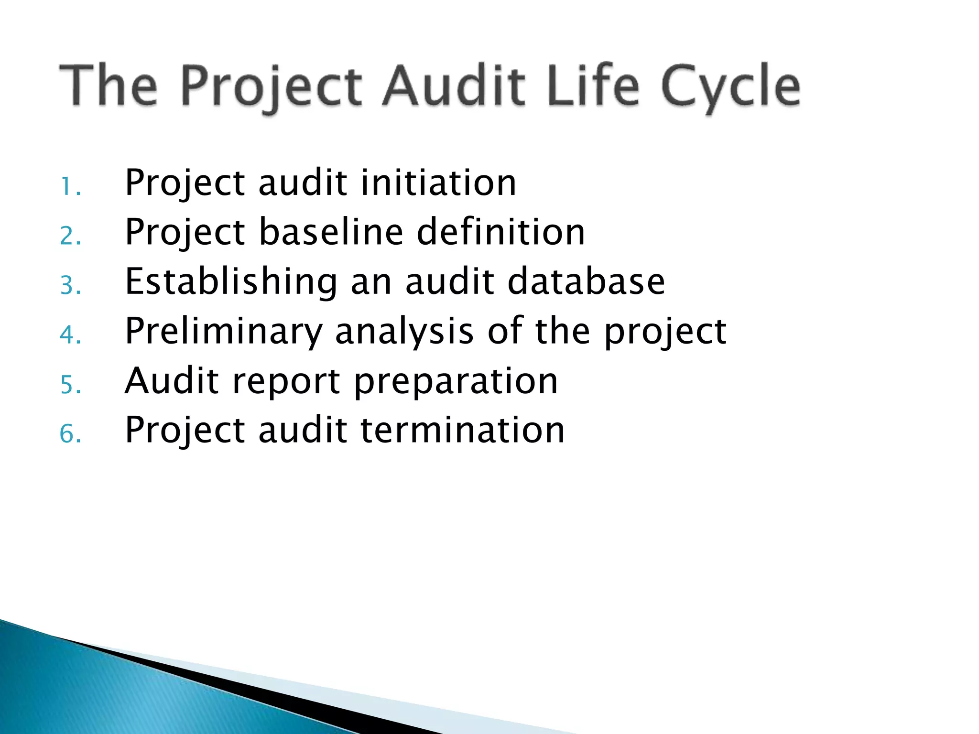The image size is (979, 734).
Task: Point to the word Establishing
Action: (231, 282)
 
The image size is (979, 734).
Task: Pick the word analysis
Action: (404, 331)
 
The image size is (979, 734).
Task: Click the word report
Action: (285, 382)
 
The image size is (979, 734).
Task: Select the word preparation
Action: (456, 382)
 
